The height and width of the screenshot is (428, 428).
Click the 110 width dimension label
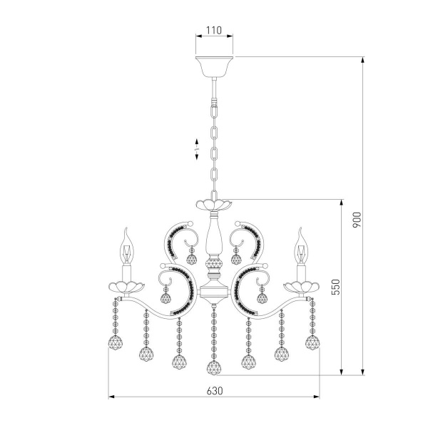click(x=214, y=31)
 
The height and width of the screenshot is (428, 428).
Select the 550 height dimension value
click(x=336, y=286)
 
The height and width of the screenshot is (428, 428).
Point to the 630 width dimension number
click(x=214, y=390)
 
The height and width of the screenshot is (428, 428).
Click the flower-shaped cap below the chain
click(x=214, y=205)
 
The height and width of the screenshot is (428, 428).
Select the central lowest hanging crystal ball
click(x=214, y=368)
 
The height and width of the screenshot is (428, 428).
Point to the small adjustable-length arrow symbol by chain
click(x=198, y=149)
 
